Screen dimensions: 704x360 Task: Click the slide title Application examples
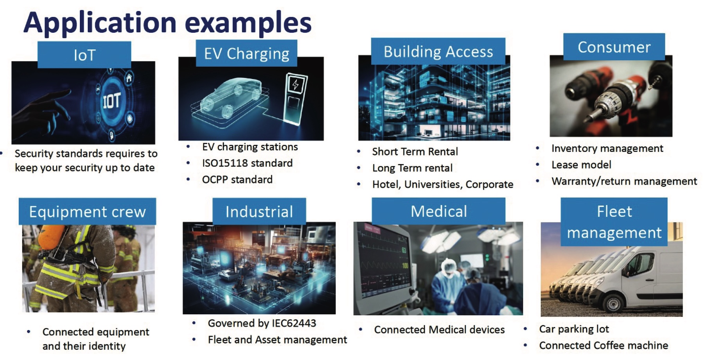tap(167, 22)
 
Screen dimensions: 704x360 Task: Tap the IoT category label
tap(84, 55)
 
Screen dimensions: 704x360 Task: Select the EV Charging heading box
tap(246, 53)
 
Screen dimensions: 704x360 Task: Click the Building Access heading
tap(438, 51)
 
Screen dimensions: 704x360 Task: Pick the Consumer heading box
tap(614, 47)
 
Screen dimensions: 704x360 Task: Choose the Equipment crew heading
tap(87, 211)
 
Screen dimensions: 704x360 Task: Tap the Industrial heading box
tap(259, 211)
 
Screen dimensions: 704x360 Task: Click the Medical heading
tap(438, 211)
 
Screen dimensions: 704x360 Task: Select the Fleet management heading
tap(614, 222)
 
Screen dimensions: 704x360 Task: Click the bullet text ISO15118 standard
tap(247, 163)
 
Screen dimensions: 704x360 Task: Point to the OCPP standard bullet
tap(237, 179)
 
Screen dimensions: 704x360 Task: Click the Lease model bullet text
tap(581, 165)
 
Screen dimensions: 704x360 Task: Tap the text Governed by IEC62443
tap(262, 323)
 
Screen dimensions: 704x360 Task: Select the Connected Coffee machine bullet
tap(603, 345)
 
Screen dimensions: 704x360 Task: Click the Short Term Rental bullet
tap(415, 151)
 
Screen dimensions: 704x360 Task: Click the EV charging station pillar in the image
tap(295, 99)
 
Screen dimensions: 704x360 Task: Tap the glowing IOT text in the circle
tap(112, 101)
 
